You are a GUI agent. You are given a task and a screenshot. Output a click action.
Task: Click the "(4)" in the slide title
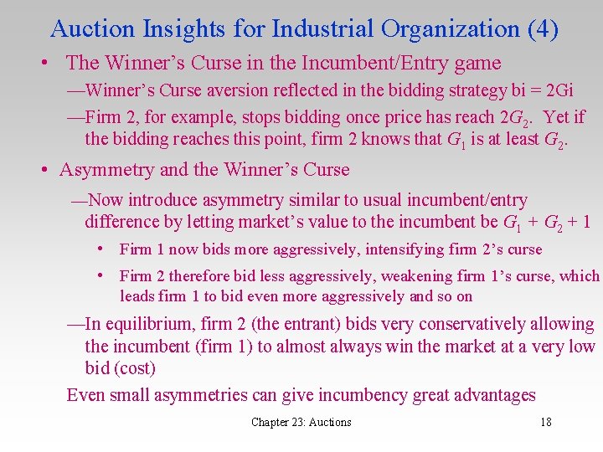coord(543,28)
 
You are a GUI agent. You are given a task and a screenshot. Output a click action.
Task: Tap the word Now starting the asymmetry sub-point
coord(107,200)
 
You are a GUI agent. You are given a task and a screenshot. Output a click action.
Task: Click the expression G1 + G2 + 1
coord(546,223)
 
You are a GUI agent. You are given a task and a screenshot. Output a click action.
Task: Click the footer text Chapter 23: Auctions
coord(301,423)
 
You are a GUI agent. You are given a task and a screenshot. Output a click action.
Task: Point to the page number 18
coord(545,423)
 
